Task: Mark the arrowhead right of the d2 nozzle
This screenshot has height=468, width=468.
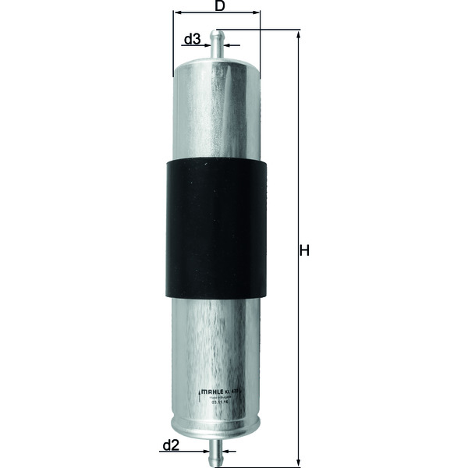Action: pyautogui.click(x=225, y=451)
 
